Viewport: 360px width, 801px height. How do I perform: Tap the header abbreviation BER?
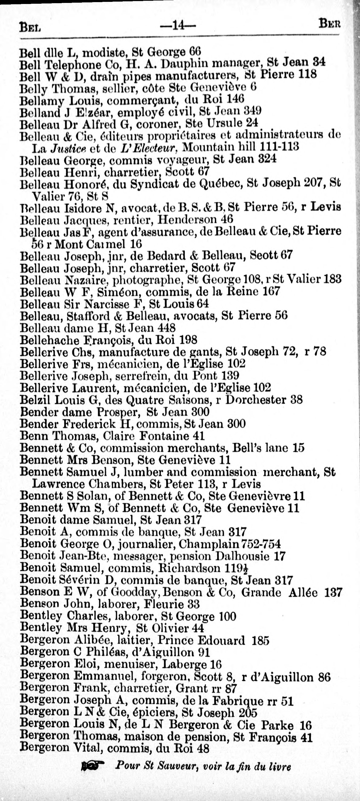pyautogui.click(x=329, y=24)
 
